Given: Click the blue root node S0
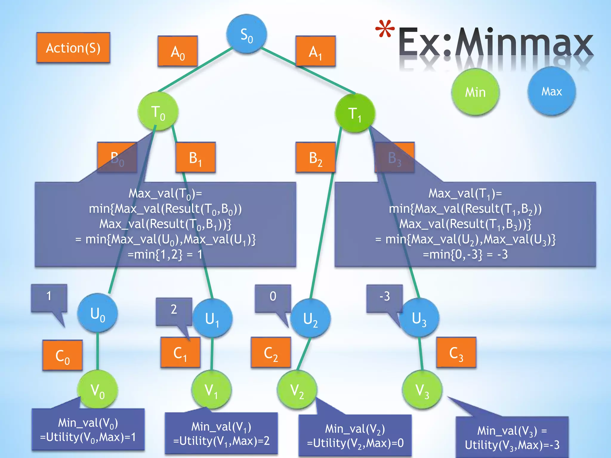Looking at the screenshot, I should (x=246, y=34).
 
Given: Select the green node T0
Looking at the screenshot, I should (x=158, y=112).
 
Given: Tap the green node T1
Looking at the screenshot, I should (x=355, y=113).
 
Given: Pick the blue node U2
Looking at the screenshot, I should (x=310, y=318).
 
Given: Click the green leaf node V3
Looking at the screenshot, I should (x=422, y=390).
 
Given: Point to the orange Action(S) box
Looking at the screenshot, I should (x=73, y=48).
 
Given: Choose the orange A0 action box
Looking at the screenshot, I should (x=178, y=51).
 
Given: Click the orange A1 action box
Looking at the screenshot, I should (x=315, y=51).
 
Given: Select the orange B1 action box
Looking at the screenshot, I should (x=195, y=157).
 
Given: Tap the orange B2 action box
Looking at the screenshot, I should (x=315, y=157).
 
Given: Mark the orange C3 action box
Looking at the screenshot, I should (x=456, y=352).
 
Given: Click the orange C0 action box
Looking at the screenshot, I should (x=62, y=355).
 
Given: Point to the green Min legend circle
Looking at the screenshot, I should (x=475, y=92).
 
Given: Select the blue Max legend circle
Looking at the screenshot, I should (x=552, y=91).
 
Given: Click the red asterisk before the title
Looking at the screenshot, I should (x=385, y=29).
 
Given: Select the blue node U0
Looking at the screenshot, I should (x=98, y=313).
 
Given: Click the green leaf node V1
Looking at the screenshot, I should (x=211, y=390).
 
